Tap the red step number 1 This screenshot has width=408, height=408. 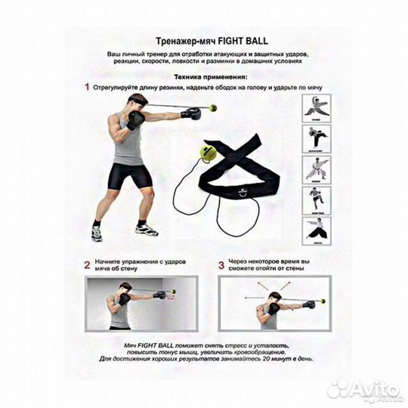[87, 87]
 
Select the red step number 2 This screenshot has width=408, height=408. [87, 265]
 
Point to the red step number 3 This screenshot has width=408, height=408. [221, 265]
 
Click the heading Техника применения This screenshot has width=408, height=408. [211, 77]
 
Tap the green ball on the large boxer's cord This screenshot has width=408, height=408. [213, 107]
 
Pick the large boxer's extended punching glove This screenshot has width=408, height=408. [190, 113]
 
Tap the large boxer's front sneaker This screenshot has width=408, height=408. [147, 230]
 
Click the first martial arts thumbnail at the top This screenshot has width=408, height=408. [317, 108]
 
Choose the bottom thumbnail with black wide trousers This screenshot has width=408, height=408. [317, 231]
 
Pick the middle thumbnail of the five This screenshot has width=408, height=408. [317, 170]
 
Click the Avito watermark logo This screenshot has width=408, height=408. [363, 390]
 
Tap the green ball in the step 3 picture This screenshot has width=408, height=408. [323, 301]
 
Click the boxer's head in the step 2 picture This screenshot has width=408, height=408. [125, 289]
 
